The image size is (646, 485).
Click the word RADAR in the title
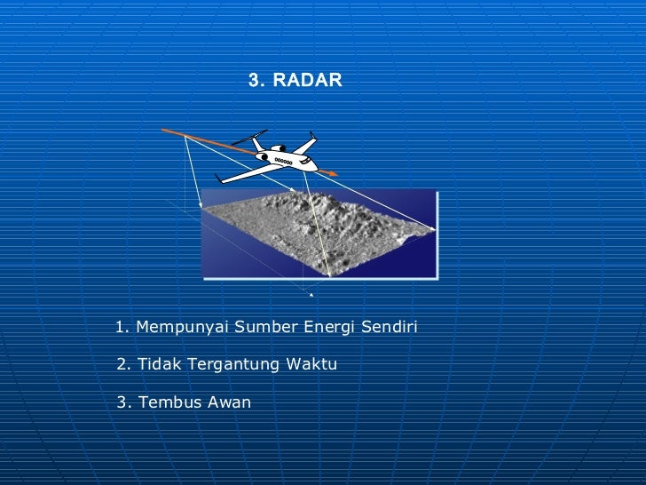coord(307,81)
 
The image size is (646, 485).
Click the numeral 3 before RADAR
coord(254,81)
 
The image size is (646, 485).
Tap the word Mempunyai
coord(181,329)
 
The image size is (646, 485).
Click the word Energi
coord(330,328)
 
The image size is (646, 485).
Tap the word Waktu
coord(311,365)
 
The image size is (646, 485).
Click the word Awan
coord(229,402)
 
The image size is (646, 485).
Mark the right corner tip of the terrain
coord(434,229)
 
